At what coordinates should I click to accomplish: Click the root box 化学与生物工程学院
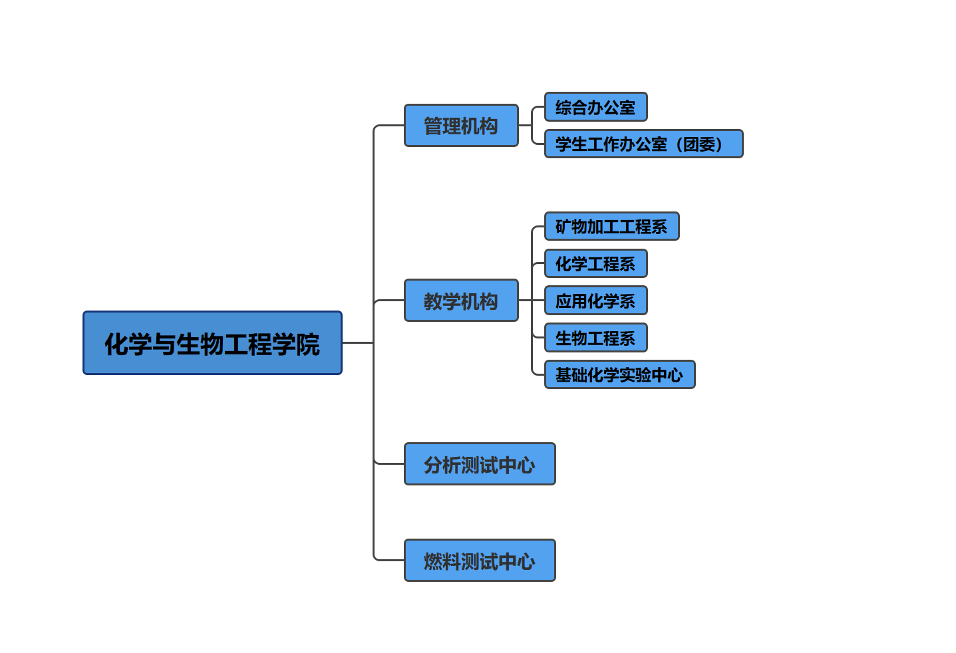[x=212, y=343]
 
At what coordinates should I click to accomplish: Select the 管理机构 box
[x=461, y=126]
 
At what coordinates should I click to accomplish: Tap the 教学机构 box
[x=461, y=301]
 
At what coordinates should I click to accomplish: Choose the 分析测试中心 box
[x=480, y=464]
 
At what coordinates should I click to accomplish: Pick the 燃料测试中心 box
[x=480, y=561]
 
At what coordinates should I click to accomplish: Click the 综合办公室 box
[x=595, y=107]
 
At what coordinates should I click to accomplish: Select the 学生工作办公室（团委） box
[x=643, y=144]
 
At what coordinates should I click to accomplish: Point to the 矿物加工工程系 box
[x=611, y=227]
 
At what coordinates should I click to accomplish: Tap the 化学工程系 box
[x=595, y=264]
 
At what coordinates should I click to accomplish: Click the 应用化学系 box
[x=595, y=301]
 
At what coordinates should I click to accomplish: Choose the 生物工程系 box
[x=595, y=338]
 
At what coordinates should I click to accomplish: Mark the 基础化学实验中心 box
[x=619, y=375]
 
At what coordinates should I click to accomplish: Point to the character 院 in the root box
[x=308, y=344]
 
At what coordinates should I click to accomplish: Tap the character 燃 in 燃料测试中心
[x=433, y=562]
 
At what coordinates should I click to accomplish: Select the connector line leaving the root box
[x=357, y=343]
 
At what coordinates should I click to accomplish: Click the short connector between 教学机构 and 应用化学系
[x=531, y=301]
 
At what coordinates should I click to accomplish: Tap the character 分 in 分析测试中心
[x=433, y=465]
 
